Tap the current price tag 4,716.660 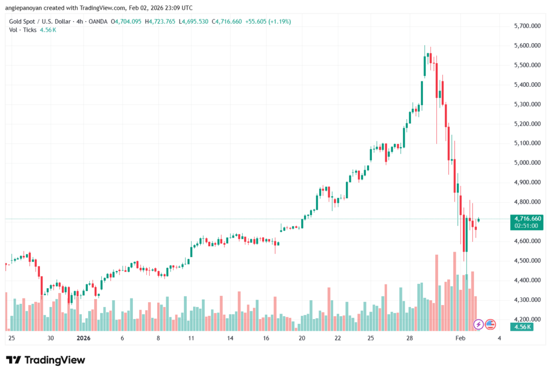click(x=527, y=218)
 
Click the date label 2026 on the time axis click(x=83, y=338)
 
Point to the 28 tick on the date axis click(x=410, y=338)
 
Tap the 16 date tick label click(x=266, y=338)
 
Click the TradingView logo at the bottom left click(x=46, y=360)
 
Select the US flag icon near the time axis click(x=490, y=324)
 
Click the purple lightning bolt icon click(x=478, y=324)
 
